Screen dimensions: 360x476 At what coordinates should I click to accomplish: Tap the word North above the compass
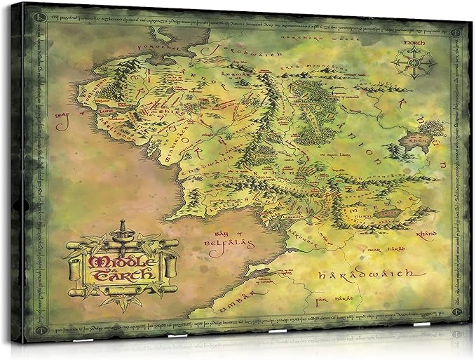(413, 43)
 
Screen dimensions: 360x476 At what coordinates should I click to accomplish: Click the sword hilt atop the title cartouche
(121, 230)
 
